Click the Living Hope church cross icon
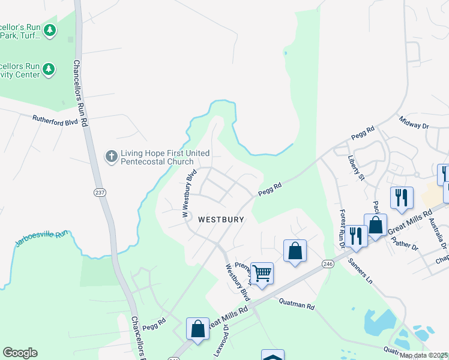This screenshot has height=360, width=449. click(x=111, y=157)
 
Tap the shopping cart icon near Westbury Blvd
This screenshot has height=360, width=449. click(x=262, y=274)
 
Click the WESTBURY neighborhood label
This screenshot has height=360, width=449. click(x=221, y=220)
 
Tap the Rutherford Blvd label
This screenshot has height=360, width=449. click(x=56, y=119)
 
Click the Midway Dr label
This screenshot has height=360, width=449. click(x=414, y=122)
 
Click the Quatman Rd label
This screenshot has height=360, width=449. click(x=297, y=305)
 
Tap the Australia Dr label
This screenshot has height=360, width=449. click(x=442, y=235)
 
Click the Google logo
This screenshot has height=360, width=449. click(x=20, y=353)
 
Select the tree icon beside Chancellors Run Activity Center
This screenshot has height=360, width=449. click(x=49, y=70)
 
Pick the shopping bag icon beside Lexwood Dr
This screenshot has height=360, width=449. click(x=197, y=329)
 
